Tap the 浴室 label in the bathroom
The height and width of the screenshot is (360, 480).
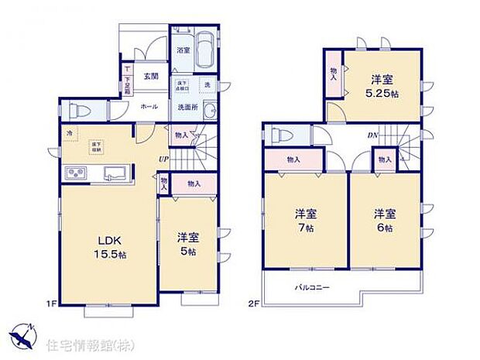(x=183, y=52)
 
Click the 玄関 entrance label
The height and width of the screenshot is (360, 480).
(x=151, y=76)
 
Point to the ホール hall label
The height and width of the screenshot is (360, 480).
(x=150, y=106)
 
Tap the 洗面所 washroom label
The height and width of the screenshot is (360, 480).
(x=187, y=107)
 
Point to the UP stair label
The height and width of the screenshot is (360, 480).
(x=164, y=160)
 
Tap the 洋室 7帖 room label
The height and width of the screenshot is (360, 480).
(x=304, y=221)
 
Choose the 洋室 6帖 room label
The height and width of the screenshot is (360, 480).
(x=385, y=221)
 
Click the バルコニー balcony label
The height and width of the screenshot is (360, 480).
(x=312, y=287)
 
